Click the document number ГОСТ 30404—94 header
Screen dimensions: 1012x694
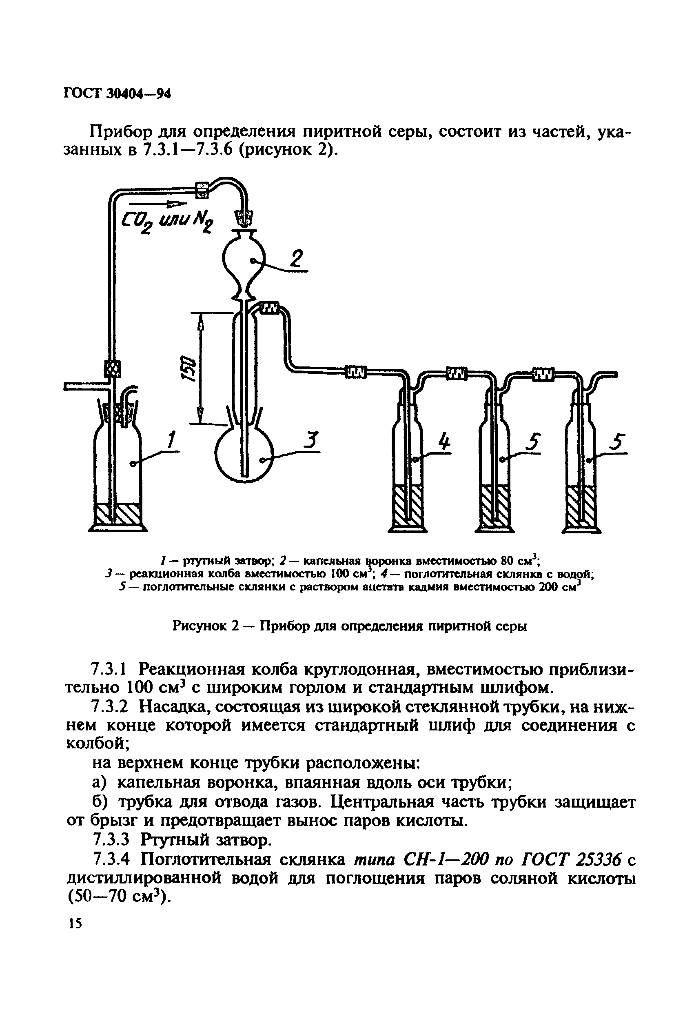click(117, 93)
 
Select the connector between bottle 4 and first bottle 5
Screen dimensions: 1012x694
click(456, 372)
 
